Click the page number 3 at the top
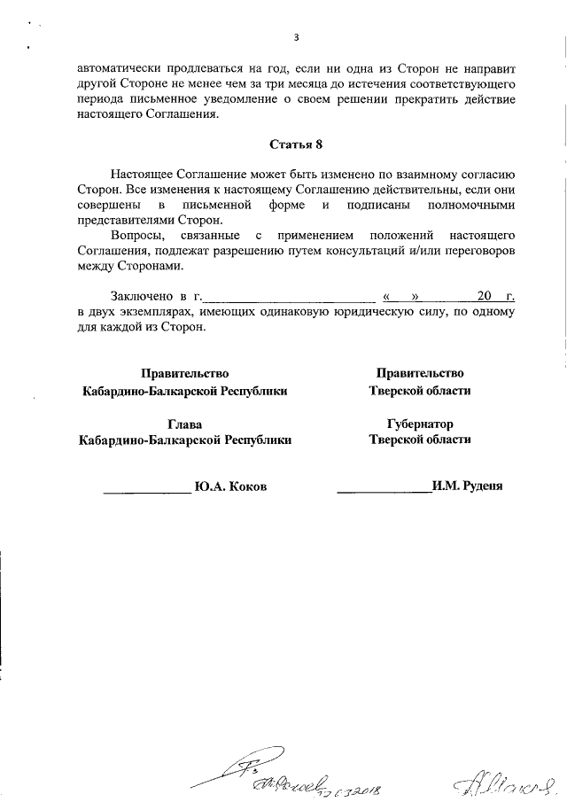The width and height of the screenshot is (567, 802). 296,37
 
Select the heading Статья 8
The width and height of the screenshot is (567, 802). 296,144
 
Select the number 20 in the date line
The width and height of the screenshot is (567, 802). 483,296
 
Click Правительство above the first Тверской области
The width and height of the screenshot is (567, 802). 419,373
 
